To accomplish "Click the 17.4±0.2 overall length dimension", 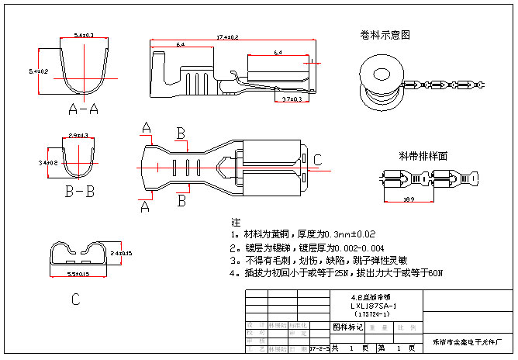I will click(227, 37).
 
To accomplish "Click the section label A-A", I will click(83, 109).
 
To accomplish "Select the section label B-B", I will click(80, 189).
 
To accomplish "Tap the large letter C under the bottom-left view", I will click(75, 298).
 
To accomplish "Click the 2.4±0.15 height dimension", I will click(121, 253).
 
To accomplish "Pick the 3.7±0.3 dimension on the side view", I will click(292, 99).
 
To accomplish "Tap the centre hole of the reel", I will click(382, 75).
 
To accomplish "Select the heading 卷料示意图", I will click(385, 35).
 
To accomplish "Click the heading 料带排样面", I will click(423, 155).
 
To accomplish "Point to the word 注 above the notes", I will click(236, 223).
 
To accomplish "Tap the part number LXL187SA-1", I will click(375, 306).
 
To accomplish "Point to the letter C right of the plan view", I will click(316, 160).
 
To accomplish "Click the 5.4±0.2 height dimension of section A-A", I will click(38, 71).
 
